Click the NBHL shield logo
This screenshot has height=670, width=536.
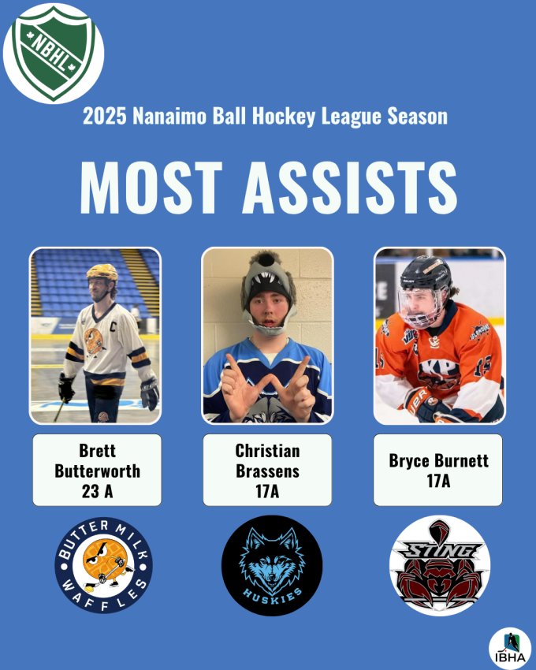(54, 54)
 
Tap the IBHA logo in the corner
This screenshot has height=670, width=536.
(510, 648)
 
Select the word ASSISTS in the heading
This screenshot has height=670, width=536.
(350, 188)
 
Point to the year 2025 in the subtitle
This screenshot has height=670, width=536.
(105, 116)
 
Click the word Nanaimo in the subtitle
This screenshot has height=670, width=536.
(169, 116)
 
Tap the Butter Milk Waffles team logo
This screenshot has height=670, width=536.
(103, 565)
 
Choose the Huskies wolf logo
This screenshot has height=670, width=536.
(272, 565)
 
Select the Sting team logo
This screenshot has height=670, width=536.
(440, 565)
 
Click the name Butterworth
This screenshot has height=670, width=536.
(98, 471)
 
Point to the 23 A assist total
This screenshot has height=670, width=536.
(98, 491)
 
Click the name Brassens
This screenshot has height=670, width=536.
(267, 471)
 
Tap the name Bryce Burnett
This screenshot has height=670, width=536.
(438, 460)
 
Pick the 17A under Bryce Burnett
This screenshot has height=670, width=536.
(438, 481)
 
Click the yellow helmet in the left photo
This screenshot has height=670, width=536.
(102, 272)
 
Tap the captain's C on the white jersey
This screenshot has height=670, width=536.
(113, 327)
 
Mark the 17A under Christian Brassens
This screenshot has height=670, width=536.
(267, 491)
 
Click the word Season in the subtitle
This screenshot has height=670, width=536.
(418, 116)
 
